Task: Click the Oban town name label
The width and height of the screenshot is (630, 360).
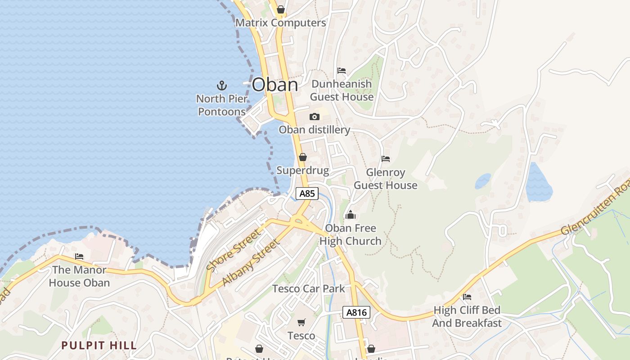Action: point(275,85)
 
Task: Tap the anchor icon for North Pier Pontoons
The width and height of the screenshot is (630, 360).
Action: point(221,85)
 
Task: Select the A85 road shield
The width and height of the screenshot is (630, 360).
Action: point(307,193)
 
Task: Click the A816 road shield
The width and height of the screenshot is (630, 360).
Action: point(356,312)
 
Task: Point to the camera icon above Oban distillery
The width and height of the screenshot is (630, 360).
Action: point(315,117)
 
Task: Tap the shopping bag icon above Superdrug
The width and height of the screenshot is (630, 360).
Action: point(303,157)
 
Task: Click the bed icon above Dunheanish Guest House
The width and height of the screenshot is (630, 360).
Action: point(342,71)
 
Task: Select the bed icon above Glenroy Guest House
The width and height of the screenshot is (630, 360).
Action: point(386,159)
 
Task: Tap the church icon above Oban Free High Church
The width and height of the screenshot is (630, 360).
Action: point(350,215)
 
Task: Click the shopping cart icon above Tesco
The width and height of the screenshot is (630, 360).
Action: point(301,322)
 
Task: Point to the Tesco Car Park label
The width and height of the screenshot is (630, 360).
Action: point(309,288)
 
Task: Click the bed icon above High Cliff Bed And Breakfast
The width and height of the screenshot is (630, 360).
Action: point(467,297)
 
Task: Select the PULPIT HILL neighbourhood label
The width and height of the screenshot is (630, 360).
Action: point(99,346)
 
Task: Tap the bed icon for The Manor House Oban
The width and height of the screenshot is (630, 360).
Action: point(80,256)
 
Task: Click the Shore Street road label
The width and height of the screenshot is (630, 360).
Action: point(234,250)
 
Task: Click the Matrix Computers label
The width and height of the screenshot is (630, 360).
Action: point(280,22)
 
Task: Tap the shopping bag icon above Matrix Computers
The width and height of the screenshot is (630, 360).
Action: point(281,9)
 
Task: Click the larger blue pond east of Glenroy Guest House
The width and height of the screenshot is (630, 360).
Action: point(539,183)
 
